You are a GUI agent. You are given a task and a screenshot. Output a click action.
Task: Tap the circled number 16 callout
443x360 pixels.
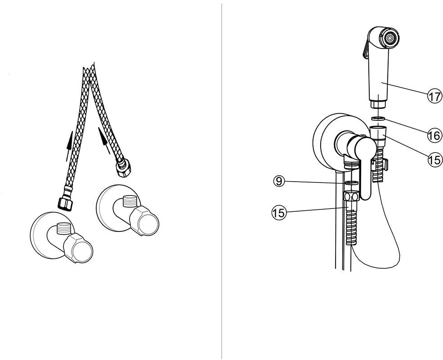[x=434, y=136]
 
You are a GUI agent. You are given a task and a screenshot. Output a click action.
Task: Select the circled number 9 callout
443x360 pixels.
[x=279, y=181]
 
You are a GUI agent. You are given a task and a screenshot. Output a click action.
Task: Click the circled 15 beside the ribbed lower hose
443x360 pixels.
[x=279, y=212]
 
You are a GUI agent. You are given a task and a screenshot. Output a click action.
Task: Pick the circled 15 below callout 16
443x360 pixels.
[x=434, y=160]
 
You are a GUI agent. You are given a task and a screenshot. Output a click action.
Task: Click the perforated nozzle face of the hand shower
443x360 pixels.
[x=391, y=38]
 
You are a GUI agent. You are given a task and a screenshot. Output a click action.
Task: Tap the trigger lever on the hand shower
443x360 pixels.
[x=365, y=49]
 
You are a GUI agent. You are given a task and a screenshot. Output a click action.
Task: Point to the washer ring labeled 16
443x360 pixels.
[x=378, y=118]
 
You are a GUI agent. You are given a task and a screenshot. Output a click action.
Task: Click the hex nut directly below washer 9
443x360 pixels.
[x=351, y=196]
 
